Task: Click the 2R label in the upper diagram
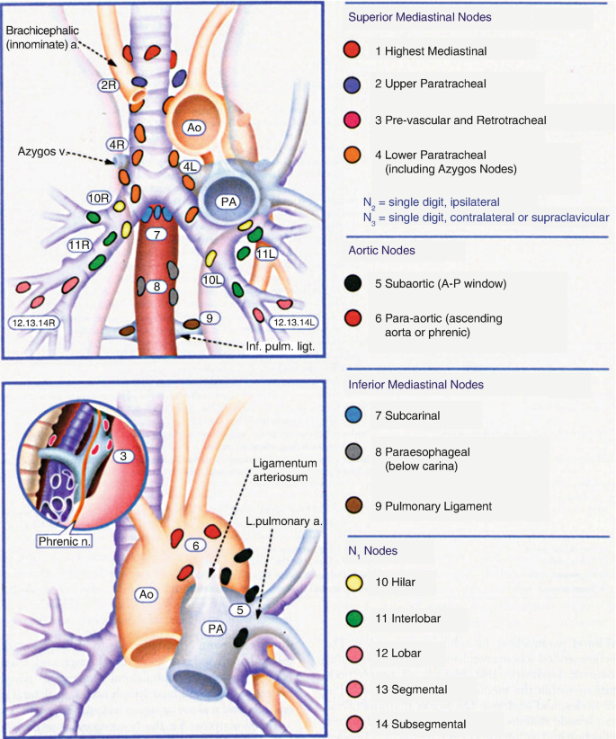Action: (x=108, y=85)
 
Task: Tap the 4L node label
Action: (x=190, y=166)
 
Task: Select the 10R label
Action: (x=98, y=198)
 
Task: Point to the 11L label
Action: (x=265, y=254)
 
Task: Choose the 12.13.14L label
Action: (x=294, y=322)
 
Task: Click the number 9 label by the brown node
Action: (x=208, y=316)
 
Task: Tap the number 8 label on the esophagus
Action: (x=156, y=287)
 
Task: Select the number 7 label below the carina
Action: (x=156, y=235)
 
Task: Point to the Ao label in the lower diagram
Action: (x=143, y=593)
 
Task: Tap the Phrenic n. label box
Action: (x=66, y=541)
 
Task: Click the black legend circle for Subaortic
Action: (x=354, y=283)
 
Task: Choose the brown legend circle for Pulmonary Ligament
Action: (x=354, y=506)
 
